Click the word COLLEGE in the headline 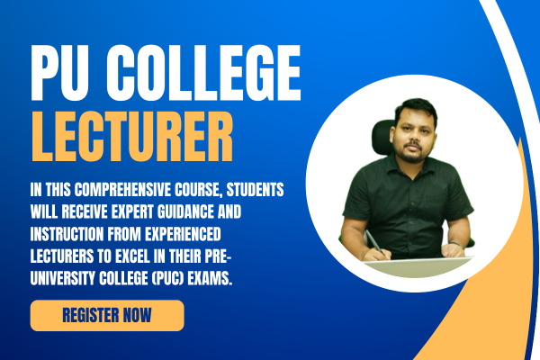(204, 72)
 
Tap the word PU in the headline (58, 73)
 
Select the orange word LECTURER (132, 137)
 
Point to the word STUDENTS (256, 190)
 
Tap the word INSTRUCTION (67, 234)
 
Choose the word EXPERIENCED (183, 234)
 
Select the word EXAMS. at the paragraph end (210, 278)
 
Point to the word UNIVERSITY (63, 278)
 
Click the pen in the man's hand (375, 242)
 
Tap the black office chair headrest (382, 137)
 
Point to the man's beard (412, 154)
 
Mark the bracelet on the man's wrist (455, 244)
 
